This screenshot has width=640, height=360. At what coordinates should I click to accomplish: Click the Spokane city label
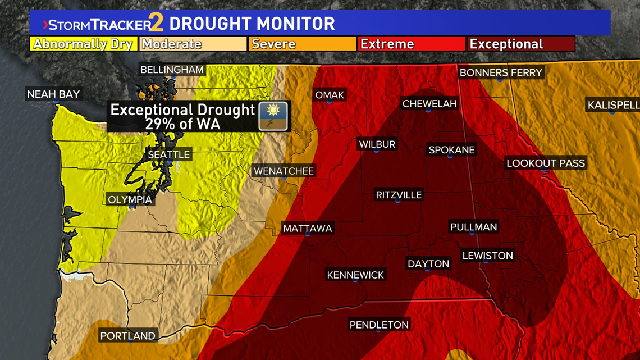click(451, 150)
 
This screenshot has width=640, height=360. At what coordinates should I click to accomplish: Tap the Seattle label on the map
click(169, 154)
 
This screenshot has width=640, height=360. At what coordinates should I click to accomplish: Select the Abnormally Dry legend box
click(83, 44)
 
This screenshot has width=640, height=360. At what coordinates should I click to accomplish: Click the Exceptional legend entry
click(520, 44)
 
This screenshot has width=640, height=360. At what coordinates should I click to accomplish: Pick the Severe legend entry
click(302, 44)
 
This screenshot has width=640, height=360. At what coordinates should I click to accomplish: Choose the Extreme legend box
click(411, 44)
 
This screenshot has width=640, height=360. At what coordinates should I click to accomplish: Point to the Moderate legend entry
click(193, 44)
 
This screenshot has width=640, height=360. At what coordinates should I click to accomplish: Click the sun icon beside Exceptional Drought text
click(273, 116)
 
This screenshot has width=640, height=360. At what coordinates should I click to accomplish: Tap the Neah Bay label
click(54, 94)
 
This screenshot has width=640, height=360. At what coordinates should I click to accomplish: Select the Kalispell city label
click(612, 105)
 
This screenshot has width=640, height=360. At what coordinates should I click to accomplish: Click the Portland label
click(127, 336)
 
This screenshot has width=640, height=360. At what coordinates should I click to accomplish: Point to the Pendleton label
click(379, 325)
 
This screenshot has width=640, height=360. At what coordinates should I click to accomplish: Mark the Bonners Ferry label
click(501, 72)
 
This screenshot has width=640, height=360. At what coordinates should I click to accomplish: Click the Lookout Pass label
click(545, 163)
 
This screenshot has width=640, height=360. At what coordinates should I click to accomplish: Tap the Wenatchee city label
click(284, 171)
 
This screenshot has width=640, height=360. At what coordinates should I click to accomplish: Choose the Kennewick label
click(355, 275)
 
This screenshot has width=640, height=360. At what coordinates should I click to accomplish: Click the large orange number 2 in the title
click(158, 24)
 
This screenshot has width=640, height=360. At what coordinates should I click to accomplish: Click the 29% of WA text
click(182, 124)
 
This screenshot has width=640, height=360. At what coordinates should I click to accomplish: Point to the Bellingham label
click(172, 70)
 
